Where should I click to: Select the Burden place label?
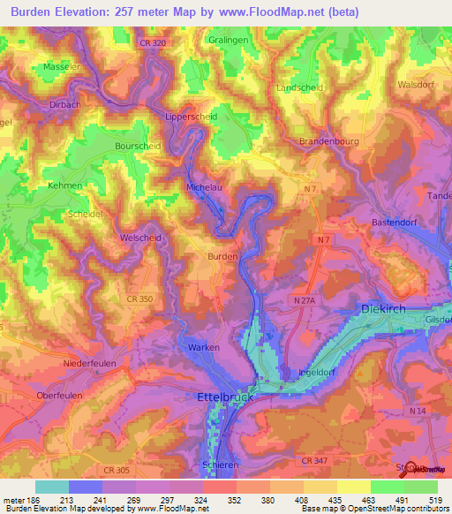tap(222, 256)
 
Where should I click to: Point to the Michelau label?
tap(205, 187)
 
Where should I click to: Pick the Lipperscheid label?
tap(192, 116)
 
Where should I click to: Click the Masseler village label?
tap(62, 67)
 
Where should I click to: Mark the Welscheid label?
tap(139, 238)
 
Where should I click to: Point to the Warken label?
tap(204, 348)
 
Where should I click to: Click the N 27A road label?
tap(305, 301)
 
